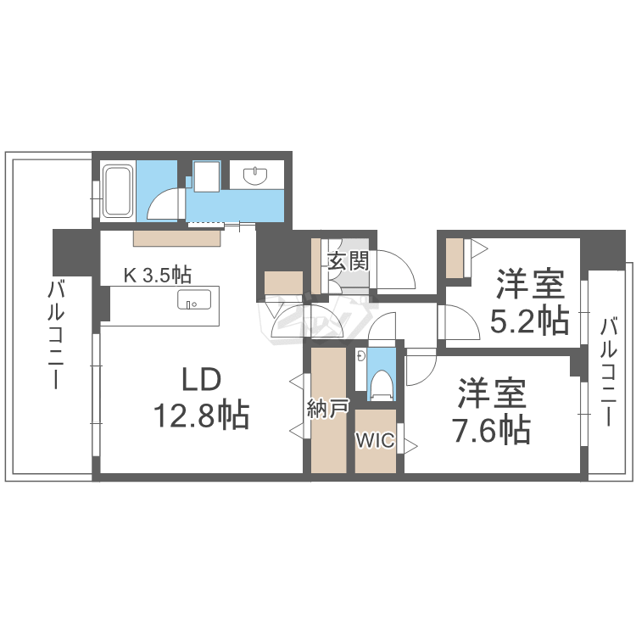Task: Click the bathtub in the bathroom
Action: pos(117,190)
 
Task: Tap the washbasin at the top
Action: pos(255,176)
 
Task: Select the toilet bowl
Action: pos(381,383)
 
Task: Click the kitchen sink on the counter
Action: pos(194,300)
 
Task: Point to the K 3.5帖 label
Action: pos(158,275)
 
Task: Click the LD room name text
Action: pos(200,377)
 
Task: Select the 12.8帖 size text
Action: pos(200,415)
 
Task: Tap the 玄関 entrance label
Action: pos(349,261)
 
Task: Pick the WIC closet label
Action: pos(374,441)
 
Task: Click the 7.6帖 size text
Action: pos(492,430)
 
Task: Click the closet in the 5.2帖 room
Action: pos(455,259)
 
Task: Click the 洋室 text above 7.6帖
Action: pos(493,393)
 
